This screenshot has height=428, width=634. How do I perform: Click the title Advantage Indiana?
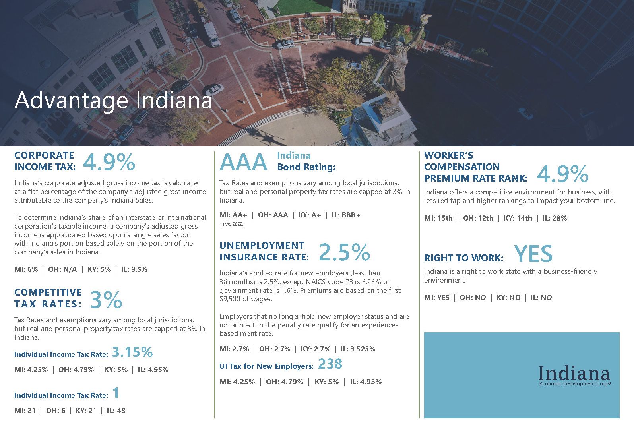[x=113, y=100]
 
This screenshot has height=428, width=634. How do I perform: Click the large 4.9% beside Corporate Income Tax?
[x=109, y=162]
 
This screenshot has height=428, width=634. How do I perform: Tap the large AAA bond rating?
[x=243, y=162]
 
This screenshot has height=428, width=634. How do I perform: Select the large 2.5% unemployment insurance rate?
[x=344, y=252]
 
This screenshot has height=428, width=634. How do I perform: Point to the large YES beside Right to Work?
[x=533, y=254]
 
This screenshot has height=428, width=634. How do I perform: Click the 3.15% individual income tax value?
[x=132, y=352]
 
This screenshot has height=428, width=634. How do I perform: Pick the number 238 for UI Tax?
[x=330, y=364]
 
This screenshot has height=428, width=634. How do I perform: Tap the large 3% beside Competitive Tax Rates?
[x=106, y=300]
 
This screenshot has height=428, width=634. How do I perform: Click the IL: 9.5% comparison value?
[x=134, y=269]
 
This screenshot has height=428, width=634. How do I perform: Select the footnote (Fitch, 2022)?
[x=231, y=224]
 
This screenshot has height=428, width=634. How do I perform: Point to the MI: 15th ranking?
[x=438, y=218]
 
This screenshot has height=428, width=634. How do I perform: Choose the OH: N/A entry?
[x=62, y=269]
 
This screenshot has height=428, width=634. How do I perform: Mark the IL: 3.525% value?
[x=358, y=349]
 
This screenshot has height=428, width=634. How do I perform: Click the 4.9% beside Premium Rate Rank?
[x=562, y=174]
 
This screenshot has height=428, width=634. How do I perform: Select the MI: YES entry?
[x=436, y=298]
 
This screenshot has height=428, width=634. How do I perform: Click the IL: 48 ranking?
[x=116, y=411]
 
